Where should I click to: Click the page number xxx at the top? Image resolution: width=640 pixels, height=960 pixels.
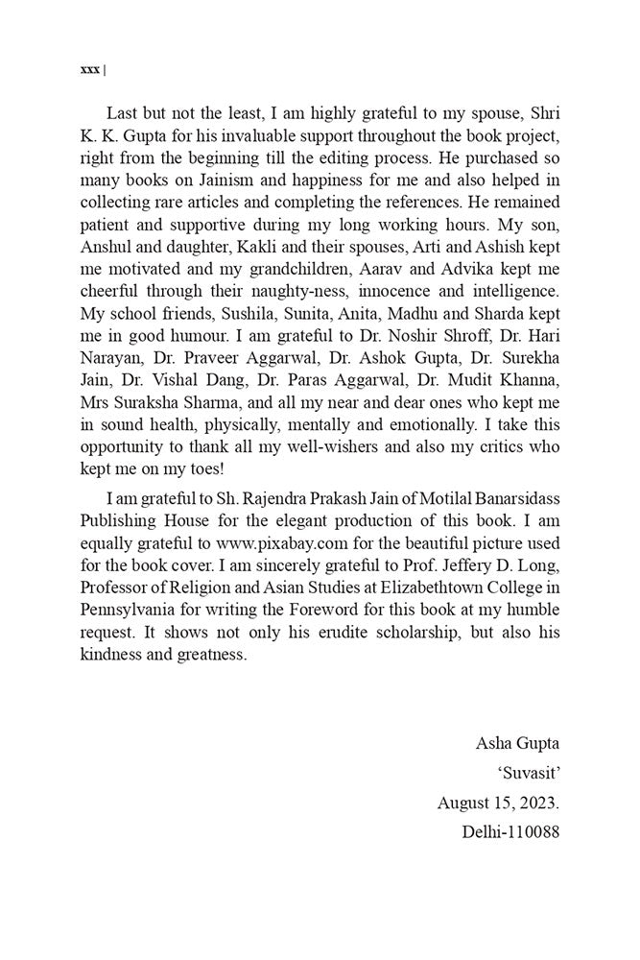pos(90,70)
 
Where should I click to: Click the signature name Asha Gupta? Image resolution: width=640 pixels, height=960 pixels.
pos(516,743)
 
